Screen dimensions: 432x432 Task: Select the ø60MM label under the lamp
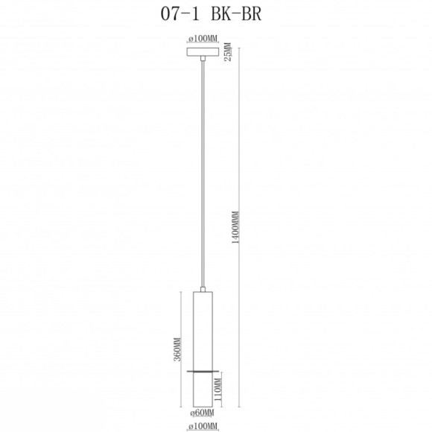(203, 413)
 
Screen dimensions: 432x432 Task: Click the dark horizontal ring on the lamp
(202, 369)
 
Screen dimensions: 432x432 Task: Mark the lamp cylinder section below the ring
(202, 387)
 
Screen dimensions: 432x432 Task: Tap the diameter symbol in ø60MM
(192, 413)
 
